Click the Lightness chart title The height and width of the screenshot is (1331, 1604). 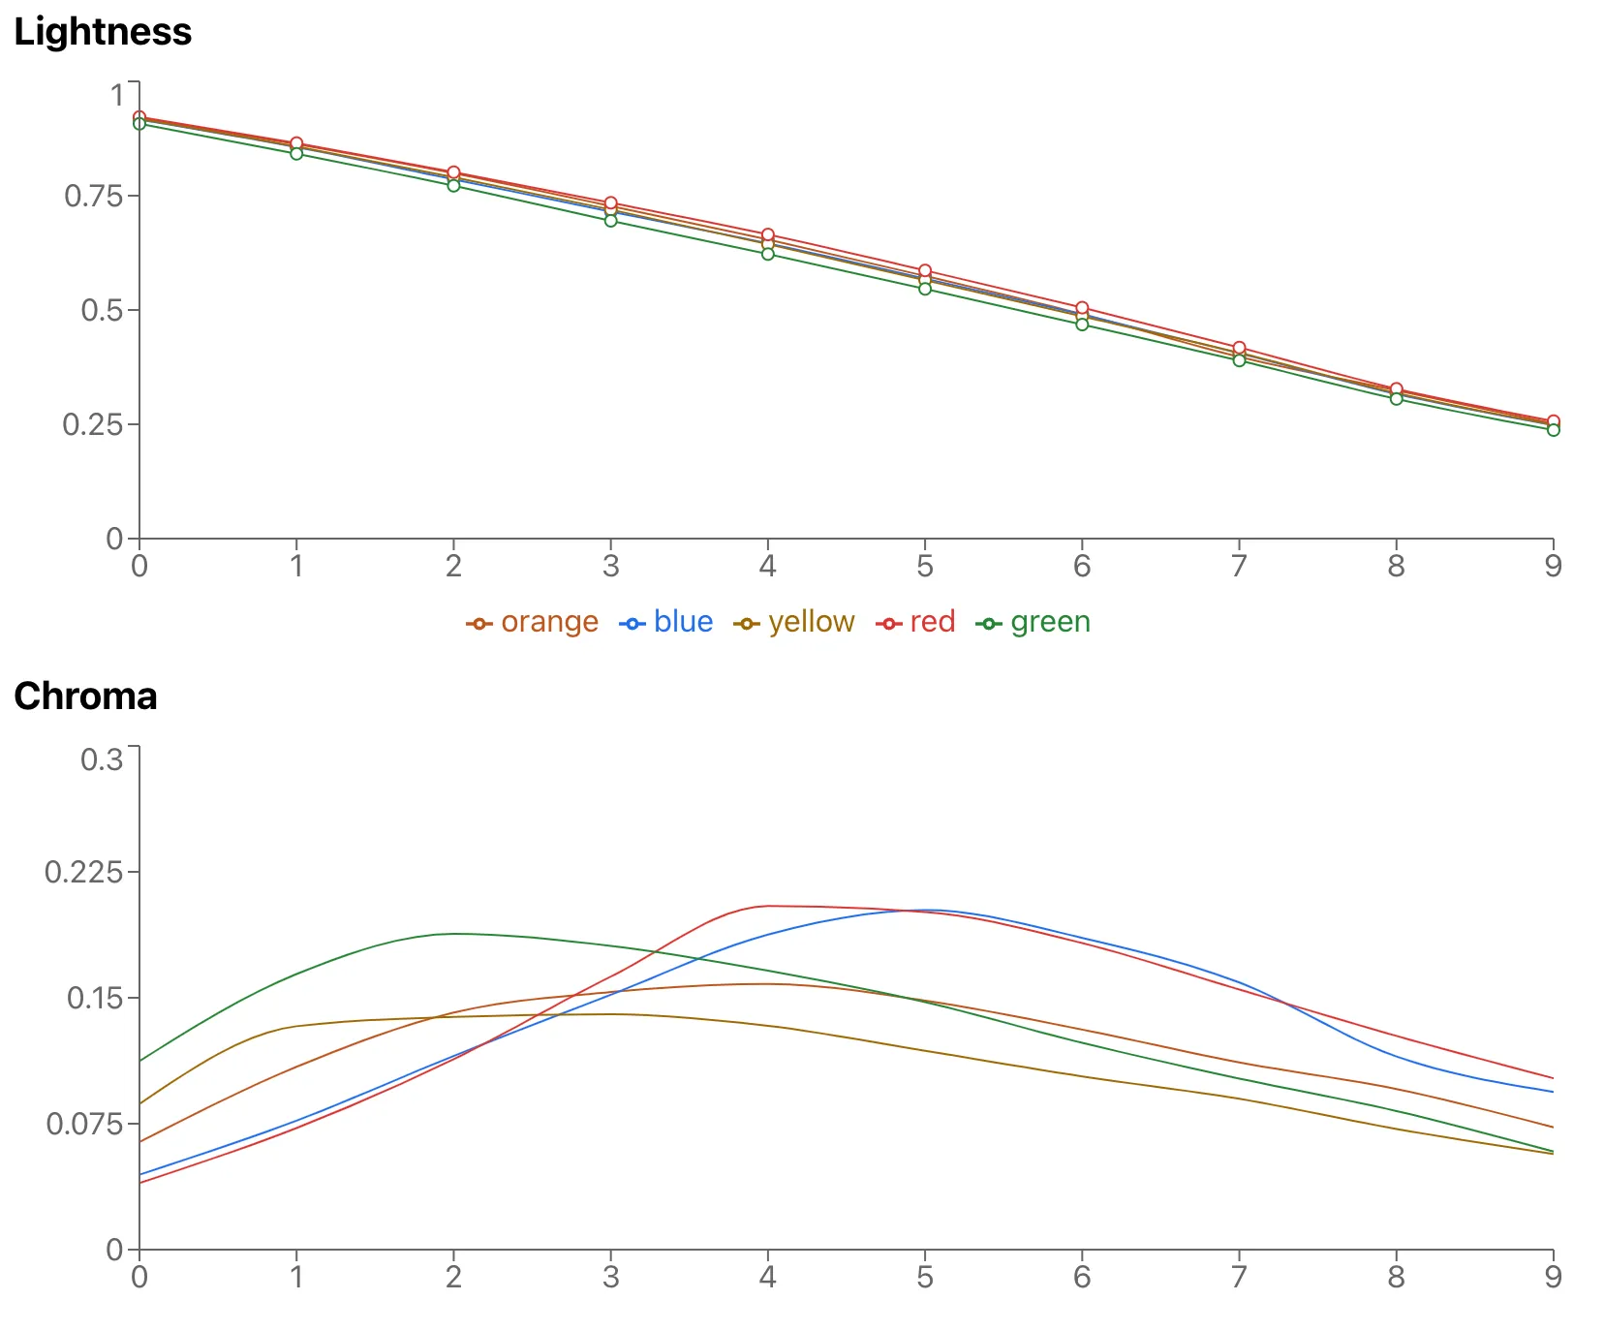click(x=103, y=32)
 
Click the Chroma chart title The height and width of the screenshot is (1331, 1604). click(x=85, y=696)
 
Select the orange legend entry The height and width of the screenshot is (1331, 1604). click(x=548, y=622)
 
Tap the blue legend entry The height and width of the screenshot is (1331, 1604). click(x=682, y=622)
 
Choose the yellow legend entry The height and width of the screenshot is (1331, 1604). click(x=811, y=622)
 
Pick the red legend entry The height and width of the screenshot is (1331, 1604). click(x=932, y=622)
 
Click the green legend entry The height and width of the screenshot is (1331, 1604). click(x=1049, y=622)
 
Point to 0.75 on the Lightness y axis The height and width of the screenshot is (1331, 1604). click(x=94, y=197)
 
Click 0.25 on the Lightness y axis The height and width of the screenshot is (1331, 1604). click(x=94, y=424)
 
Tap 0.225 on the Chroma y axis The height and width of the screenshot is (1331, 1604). click(x=85, y=873)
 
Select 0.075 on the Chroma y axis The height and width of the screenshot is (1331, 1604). click(x=85, y=1124)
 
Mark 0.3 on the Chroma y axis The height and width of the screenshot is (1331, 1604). click(x=102, y=758)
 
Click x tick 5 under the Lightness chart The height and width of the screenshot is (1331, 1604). click(x=925, y=566)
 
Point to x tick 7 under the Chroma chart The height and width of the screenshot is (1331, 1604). click(x=1239, y=1277)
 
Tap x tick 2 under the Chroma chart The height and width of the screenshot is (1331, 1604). click(x=453, y=1277)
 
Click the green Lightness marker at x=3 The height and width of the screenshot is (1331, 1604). click(x=611, y=221)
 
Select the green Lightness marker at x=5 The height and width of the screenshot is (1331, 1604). click(x=925, y=289)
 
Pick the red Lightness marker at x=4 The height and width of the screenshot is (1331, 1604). click(x=768, y=235)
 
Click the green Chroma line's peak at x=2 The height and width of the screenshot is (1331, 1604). click(x=453, y=934)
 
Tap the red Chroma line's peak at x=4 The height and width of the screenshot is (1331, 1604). click(x=768, y=906)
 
